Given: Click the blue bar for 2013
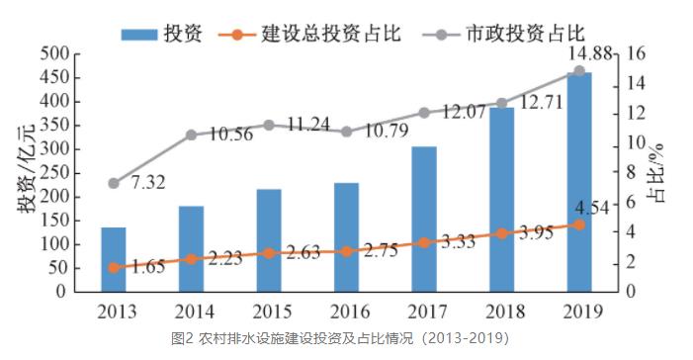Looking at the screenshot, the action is tap(114, 259).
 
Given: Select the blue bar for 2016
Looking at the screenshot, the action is tap(346, 237).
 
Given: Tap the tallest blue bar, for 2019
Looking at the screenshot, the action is tap(579, 182).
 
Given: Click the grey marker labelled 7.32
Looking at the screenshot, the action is tap(114, 184).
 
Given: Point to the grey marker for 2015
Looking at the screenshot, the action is tap(269, 126).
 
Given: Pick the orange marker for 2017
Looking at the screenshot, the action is tap(424, 242).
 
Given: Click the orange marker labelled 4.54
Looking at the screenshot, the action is tap(579, 225).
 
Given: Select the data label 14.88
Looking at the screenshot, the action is tap(590, 54).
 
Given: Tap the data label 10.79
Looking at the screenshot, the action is tap(387, 131).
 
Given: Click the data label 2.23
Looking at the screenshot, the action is tap(225, 259).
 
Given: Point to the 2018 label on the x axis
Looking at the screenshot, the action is tap(505, 313).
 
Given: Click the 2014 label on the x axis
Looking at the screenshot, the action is tap(195, 313).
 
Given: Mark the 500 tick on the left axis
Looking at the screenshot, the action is tap(55, 54).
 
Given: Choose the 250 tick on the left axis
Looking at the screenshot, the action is tap(55, 173).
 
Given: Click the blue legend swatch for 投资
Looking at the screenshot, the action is tap(139, 35).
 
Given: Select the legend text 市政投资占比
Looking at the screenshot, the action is tap(526, 34).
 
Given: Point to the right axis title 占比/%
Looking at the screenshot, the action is tap(657, 173).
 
